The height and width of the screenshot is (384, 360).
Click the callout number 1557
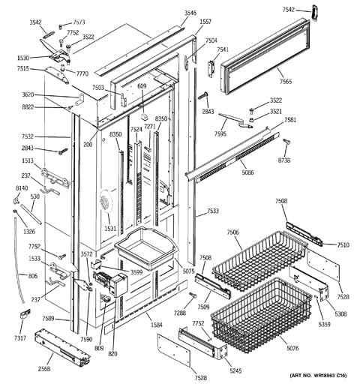tap(205, 22)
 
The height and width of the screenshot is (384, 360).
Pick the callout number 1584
tap(156, 325)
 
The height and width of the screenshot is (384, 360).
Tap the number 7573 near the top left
tap(79, 23)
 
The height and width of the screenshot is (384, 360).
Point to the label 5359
tap(304, 324)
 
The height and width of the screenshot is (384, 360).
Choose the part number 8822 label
tap(49, 107)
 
